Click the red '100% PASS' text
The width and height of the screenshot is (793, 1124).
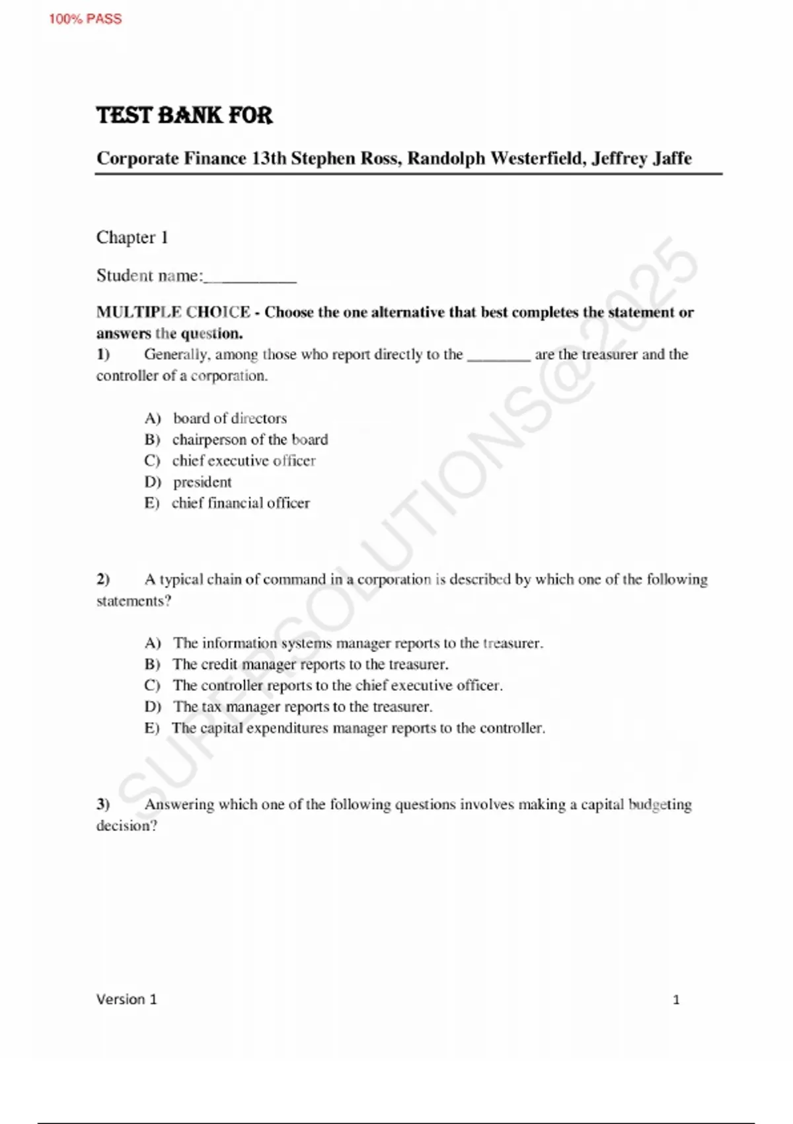85,19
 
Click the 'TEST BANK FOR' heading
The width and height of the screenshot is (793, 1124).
184,115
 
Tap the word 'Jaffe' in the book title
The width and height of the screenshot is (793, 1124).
668,159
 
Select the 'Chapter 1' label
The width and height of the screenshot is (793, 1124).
132,237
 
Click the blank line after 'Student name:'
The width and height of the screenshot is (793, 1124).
250,278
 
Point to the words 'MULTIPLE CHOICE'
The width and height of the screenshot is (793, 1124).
173,312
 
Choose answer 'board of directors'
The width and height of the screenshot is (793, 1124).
230,419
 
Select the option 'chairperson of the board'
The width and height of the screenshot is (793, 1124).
250,440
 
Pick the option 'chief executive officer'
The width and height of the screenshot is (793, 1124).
244,461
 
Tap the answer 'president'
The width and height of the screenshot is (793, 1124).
202,482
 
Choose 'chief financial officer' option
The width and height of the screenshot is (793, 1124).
241,503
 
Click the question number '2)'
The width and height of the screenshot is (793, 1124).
103,580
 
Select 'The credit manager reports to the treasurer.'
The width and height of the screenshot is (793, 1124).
310,664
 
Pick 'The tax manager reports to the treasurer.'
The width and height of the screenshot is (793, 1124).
303,707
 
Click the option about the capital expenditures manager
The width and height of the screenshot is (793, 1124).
359,728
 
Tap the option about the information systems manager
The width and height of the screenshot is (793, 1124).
358,643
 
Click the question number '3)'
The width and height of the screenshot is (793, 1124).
103,805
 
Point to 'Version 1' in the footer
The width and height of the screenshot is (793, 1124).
127,999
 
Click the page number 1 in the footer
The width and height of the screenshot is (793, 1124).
676,1000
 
